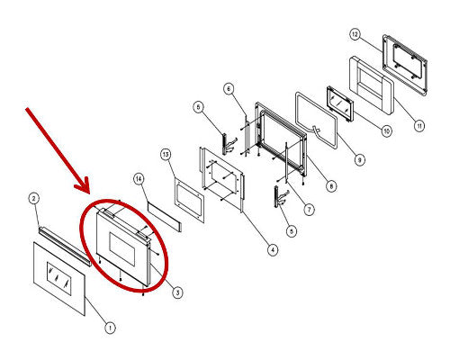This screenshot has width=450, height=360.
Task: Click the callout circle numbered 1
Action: click(x=110, y=328)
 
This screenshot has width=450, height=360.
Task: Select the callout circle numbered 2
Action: click(x=34, y=198)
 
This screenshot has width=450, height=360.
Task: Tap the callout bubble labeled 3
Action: click(x=177, y=292)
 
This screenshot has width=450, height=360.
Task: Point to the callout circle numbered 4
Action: click(x=273, y=249)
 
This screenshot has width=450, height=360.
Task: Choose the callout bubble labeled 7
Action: click(x=309, y=209)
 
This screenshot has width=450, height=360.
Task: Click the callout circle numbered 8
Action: click(x=331, y=186)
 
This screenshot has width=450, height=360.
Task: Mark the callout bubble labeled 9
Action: click(x=359, y=159)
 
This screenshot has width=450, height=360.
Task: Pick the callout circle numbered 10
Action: click(x=386, y=130)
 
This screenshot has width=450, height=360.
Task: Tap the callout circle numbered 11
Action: click(x=419, y=125)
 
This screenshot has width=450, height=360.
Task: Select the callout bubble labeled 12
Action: click(x=355, y=34)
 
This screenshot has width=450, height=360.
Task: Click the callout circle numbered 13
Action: click(x=166, y=155)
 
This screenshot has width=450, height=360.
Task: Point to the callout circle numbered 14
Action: click(x=139, y=179)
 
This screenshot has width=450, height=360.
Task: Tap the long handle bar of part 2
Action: click(x=64, y=246)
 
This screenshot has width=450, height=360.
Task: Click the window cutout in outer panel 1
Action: click(x=59, y=279)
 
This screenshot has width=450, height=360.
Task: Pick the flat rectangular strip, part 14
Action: click(x=165, y=216)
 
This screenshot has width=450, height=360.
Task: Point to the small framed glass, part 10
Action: click(x=340, y=103)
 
